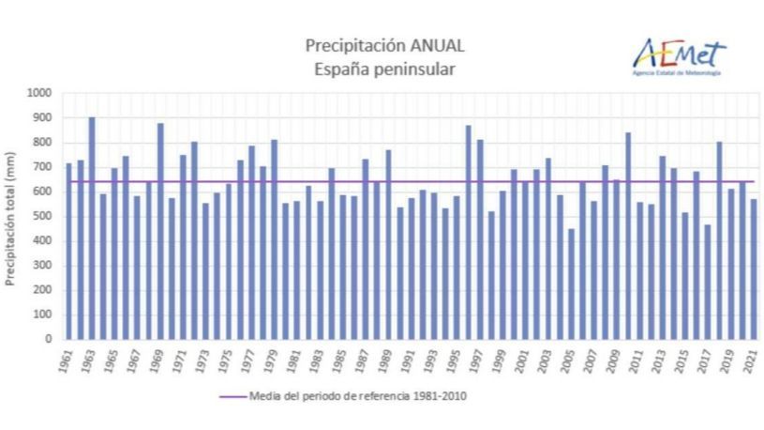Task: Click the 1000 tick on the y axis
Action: click(41, 93)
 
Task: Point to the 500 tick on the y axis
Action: click(44, 216)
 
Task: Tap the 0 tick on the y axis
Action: click(51, 340)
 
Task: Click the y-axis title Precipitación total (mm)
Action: click(12, 216)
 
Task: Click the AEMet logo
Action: click(678, 54)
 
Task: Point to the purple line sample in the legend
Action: click(232, 396)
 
